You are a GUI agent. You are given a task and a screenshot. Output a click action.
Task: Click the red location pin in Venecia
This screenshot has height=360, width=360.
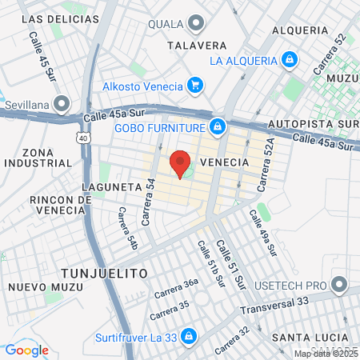click(x=181, y=163)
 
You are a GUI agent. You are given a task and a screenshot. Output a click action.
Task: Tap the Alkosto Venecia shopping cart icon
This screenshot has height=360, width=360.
click(x=194, y=85)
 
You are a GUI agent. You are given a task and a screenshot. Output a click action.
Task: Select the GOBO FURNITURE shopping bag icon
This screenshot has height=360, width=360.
click(x=218, y=126)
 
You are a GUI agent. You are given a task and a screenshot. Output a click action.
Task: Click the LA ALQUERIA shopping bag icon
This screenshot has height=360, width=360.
click(x=289, y=59)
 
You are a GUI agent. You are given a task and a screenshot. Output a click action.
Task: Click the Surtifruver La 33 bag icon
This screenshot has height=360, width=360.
click(x=189, y=335)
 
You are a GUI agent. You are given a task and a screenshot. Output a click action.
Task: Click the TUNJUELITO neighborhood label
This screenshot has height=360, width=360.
click(x=102, y=273)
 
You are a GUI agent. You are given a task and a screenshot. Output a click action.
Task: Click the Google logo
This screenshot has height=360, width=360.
click(x=27, y=350)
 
